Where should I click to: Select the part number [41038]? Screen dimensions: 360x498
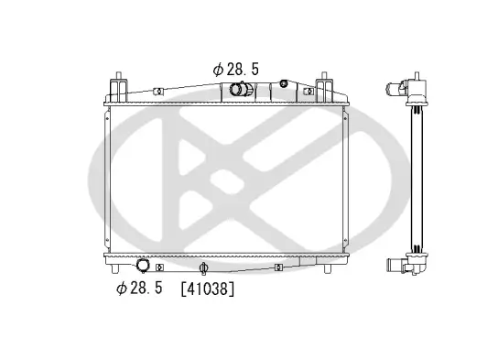[x=209, y=289]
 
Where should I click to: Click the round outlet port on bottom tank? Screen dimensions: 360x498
[x=143, y=267]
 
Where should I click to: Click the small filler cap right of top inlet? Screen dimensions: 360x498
[x=283, y=85]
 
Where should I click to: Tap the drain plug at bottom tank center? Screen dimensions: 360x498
[x=204, y=268]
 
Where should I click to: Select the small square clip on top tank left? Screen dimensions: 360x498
[x=158, y=92]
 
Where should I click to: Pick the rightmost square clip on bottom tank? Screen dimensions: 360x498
[x=279, y=267]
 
